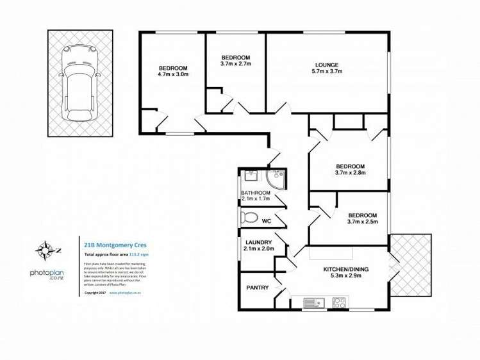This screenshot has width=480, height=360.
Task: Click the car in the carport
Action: pos(78,84)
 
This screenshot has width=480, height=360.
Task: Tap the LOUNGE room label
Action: pos(326,64)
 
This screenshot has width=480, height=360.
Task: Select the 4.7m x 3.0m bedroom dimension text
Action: pos(173,75)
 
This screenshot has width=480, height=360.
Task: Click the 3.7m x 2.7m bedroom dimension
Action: pos(236,64)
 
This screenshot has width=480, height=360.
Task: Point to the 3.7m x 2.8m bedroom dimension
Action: pos(349,172)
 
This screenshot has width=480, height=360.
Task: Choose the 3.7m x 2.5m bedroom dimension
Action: pos(362,222)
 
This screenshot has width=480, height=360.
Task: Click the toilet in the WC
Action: pos(247,218)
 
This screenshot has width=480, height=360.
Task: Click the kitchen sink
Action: pos(311,302)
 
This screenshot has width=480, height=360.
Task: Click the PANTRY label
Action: pos(257,288)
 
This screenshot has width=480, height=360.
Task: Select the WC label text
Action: pos(267,221)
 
